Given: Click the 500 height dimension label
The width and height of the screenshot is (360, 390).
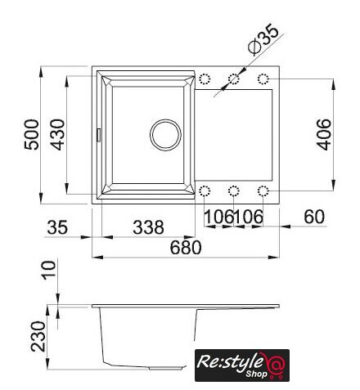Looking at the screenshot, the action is coord(32,134).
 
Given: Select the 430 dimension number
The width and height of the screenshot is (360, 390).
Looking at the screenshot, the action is coord(58,134).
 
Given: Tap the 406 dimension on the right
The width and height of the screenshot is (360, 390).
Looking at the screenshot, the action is coord(324,134).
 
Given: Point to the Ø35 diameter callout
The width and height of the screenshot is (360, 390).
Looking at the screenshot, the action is coord(263,38).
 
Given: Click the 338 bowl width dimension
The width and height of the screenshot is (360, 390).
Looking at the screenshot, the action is coord(148,227).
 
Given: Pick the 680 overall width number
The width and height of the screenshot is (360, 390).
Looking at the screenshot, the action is coord(186,248).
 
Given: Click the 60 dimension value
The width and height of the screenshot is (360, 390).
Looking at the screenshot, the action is coord(314,217).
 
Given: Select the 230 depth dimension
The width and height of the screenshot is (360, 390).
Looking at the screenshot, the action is coord(38,336).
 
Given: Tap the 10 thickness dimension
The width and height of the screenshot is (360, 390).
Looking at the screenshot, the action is coord(49,270).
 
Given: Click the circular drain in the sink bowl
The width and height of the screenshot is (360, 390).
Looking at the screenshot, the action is coord(165,135).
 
